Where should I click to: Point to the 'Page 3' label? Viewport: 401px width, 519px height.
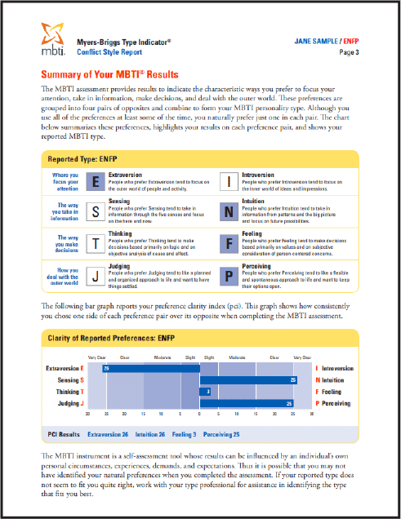pos(348,52)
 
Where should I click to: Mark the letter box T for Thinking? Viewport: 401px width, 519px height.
pos(96,242)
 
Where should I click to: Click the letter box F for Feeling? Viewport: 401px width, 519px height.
pos(230,242)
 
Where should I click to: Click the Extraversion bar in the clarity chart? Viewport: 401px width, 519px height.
pos(150,368)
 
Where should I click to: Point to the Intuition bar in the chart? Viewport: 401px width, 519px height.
pos(248,380)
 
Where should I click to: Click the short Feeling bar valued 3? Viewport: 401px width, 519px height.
pos(206,392)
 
